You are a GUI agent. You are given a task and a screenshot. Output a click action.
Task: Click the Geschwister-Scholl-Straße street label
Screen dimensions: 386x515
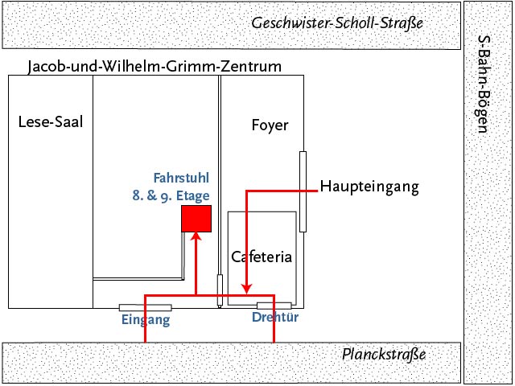pyautogui.click(x=337, y=23)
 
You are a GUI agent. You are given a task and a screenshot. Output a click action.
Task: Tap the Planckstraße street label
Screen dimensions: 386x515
pyautogui.click(x=384, y=355)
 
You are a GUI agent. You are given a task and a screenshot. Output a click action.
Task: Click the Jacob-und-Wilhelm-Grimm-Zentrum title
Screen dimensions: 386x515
pyautogui.click(x=154, y=66)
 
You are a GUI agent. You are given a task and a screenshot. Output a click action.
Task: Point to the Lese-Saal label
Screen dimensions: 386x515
pyautogui.click(x=50, y=122)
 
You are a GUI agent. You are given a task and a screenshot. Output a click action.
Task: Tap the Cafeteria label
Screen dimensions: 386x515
pyautogui.click(x=261, y=257)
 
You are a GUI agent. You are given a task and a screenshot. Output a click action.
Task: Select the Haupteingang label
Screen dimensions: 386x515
pyautogui.click(x=370, y=187)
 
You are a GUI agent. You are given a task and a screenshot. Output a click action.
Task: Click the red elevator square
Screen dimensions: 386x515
pyautogui.click(x=196, y=219)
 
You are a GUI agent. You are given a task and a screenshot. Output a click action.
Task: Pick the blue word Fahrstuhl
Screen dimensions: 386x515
pyautogui.click(x=181, y=178)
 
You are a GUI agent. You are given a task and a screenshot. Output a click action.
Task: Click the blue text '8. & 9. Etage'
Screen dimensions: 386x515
pyautogui.click(x=171, y=195)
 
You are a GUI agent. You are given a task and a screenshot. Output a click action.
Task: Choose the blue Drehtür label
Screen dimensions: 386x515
pyautogui.click(x=275, y=318)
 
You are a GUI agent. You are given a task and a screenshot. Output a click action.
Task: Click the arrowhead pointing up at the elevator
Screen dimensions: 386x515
pyautogui.click(x=196, y=236)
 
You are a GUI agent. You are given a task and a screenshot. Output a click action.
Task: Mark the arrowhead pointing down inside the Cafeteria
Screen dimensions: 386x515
pyautogui.click(x=246, y=289)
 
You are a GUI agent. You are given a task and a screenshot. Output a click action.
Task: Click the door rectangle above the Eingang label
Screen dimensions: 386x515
pyautogui.click(x=145, y=307)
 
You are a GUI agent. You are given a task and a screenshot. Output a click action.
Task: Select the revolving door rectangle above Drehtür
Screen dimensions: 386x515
pyautogui.click(x=274, y=306)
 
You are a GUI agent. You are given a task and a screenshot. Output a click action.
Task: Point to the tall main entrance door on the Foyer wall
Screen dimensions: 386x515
pyautogui.click(x=303, y=191)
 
